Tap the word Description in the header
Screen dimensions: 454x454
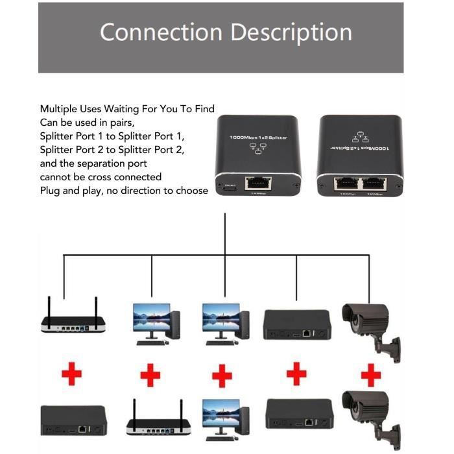click(292, 32)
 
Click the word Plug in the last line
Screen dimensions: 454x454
click(51, 191)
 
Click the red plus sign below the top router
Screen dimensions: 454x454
click(73, 375)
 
